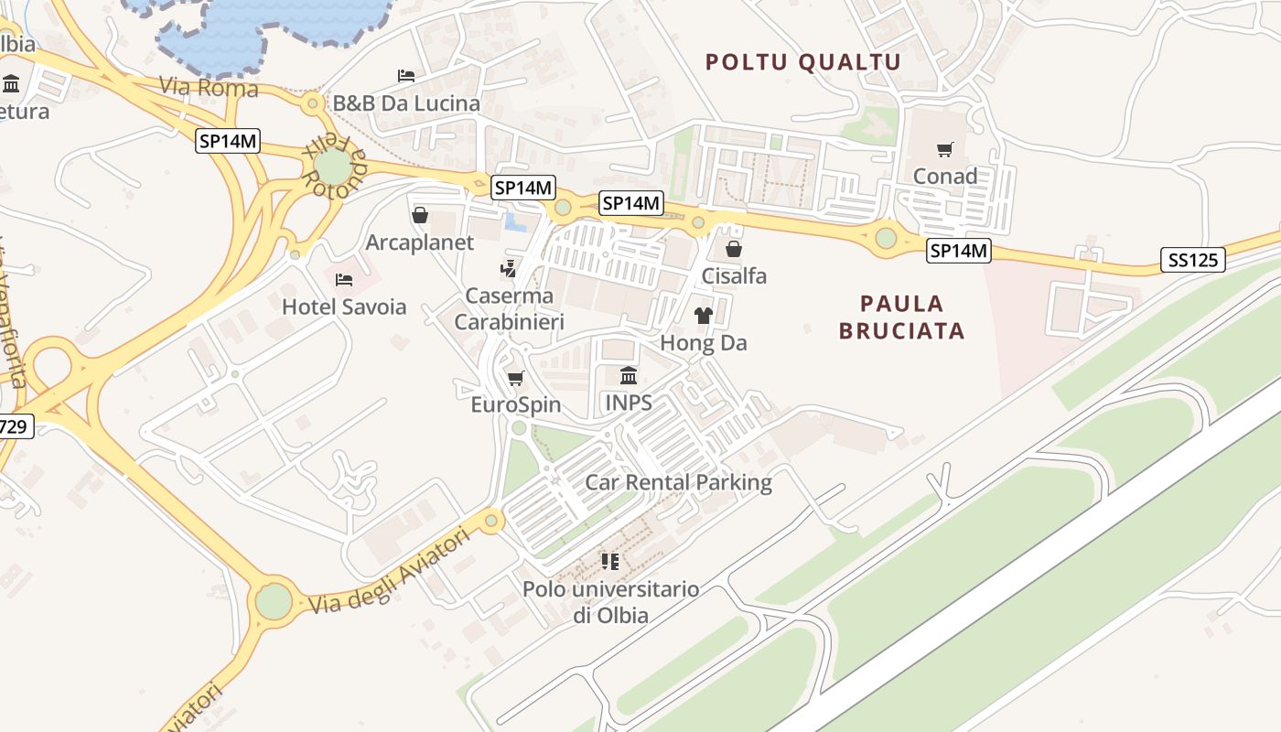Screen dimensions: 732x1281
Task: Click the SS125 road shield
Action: pyautogui.click(x=1194, y=260)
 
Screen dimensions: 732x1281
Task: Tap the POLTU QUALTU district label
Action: pyautogui.click(x=803, y=62)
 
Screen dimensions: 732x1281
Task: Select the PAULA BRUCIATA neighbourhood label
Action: pyautogui.click(x=902, y=317)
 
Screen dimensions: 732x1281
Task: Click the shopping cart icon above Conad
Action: pyautogui.click(x=945, y=149)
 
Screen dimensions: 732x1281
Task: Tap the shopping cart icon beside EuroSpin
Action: pyautogui.click(x=515, y=378)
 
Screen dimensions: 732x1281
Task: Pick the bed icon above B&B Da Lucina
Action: pyautogui.click(x=406, y=75)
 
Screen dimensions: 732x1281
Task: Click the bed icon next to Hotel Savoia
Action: pyautogui.click(x=344, y=280)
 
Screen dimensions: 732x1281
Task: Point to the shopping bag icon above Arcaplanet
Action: pyautogui.click(x=420, y=215)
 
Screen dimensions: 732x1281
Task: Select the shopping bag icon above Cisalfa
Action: pyautogui.click(x=734, y=249)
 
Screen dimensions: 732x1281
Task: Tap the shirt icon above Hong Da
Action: pyautogui.click(x=703, y=316)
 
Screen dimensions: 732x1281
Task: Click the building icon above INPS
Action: pyautogui.click(x=629, y=375)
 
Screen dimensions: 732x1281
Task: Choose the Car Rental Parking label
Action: pyautogui.click(x=678, y=482)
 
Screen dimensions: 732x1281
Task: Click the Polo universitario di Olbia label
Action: pyautogui.click(x=611, y=602)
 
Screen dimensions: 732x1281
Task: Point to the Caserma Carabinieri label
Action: pyautogui.click(x=510, y=308)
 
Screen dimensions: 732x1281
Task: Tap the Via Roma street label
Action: pyautogui.click(x=209, y=89)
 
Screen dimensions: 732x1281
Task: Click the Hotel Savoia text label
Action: pyautogui.click(x=344, y=307)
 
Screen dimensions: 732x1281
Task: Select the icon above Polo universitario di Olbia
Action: pyautogui.click(x=610, y=561)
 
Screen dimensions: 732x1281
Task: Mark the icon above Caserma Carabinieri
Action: pyautogui.click(x=508, y=269)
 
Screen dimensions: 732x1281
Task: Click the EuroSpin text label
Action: pyautogui.click(x=516, y=404)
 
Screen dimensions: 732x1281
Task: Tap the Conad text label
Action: pyautogui.click(x=945, y=176)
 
